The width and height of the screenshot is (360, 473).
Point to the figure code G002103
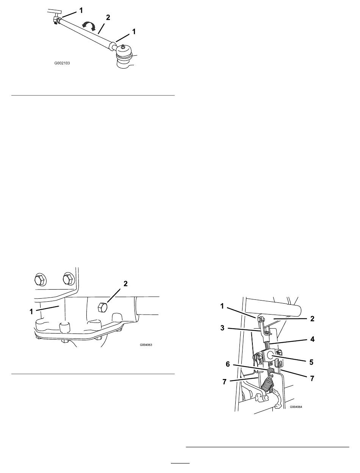[x=62, y=63]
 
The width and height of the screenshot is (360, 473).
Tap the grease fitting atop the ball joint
[x=123, y=46]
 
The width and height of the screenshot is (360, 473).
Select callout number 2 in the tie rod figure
[x=108, y=17]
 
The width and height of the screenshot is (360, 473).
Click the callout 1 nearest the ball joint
[x=134, y=32]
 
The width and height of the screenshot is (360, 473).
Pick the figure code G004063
[x=146, y=345]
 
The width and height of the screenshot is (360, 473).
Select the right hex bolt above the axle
[x=69, y=279]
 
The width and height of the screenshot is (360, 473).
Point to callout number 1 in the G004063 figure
[x=31, y=312]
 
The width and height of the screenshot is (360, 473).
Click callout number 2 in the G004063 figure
[x=125, y=284]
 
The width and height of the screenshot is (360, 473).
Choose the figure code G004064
[x=296, y=407]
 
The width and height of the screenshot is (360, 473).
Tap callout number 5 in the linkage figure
[x=311, y=362]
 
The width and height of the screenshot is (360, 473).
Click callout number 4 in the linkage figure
[x=312, y=339]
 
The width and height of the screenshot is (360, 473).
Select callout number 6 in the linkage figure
[x=228, y=364]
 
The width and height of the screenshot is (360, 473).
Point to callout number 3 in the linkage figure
[x=222, y=328]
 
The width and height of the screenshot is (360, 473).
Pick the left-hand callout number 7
[x=224, y=382]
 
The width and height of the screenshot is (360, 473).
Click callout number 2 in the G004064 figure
[x=312, y=319]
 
